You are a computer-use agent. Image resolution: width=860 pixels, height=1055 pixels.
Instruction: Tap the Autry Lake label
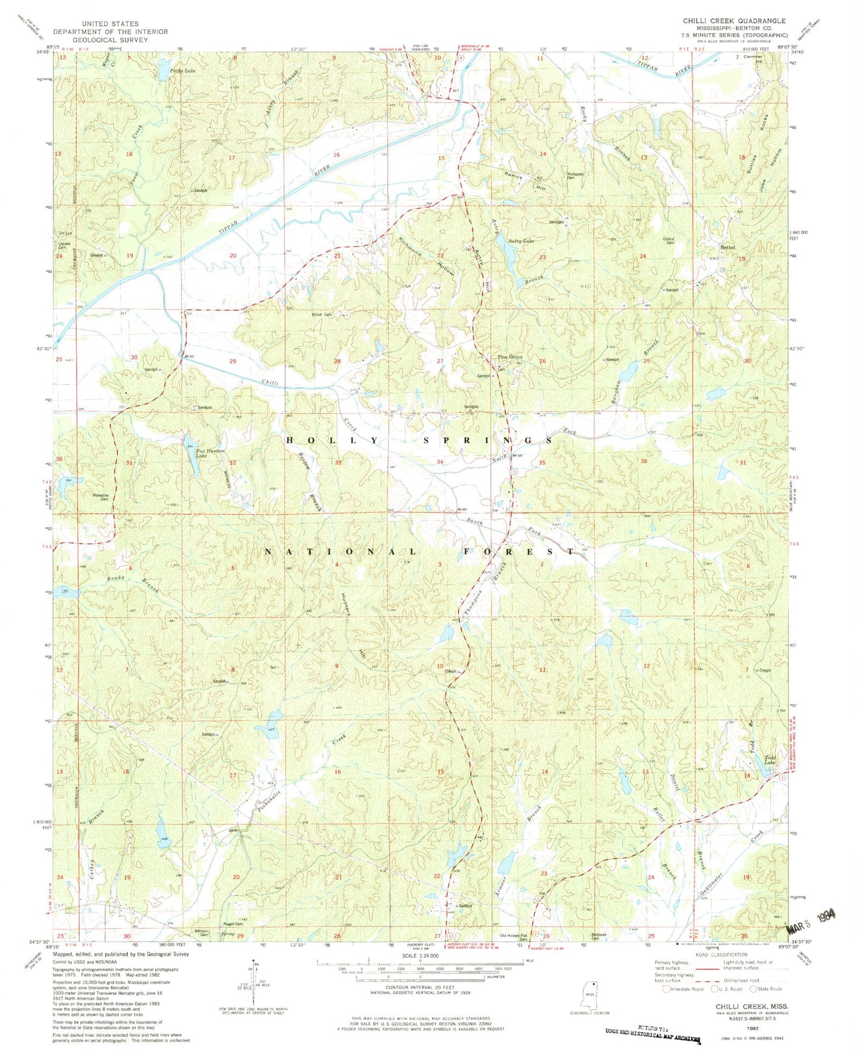pyautogui.click(x=521, y=241)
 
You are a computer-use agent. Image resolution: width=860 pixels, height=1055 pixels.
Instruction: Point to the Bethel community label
pyautogui.click(x=728, y=248)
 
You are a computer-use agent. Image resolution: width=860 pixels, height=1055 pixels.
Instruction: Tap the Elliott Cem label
pyautogui.click(x=321, y=315)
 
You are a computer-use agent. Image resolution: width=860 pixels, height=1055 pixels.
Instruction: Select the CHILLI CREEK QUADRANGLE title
pyautogui.click(x=734, y=21)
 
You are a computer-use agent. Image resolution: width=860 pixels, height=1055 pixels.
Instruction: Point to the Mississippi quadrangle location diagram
pyautogui.click(x=593, y=997)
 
